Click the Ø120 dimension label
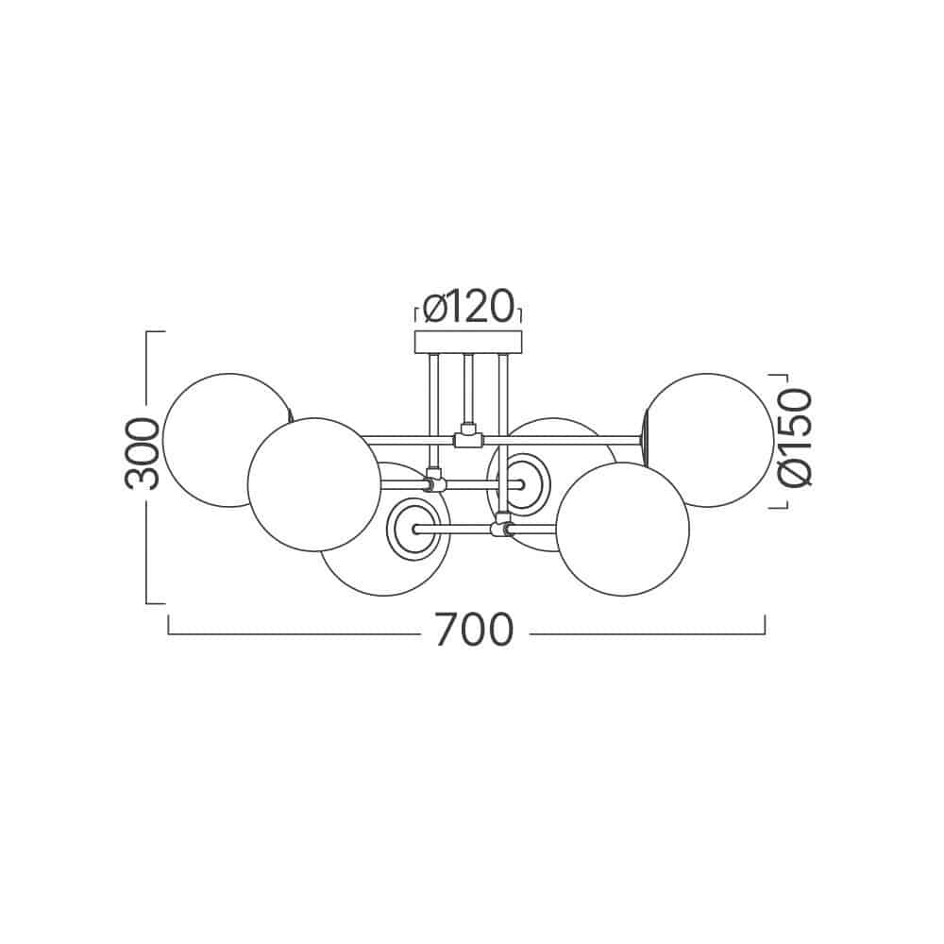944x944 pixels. pyautogui.click(x=468, y=307)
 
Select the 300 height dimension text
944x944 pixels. pyautogui.click(x=143, y=453)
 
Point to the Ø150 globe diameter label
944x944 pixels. pyautogui.click(x=795, y=438)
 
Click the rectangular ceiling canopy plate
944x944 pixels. pyautogui.click(x=468, y=342)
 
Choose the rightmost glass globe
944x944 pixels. pyautogui.click(x=709, y=440)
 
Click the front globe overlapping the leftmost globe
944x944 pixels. pyautogui.click(x=314, y=484)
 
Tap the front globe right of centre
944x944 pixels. pyautogui.click(x=622, y=530)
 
